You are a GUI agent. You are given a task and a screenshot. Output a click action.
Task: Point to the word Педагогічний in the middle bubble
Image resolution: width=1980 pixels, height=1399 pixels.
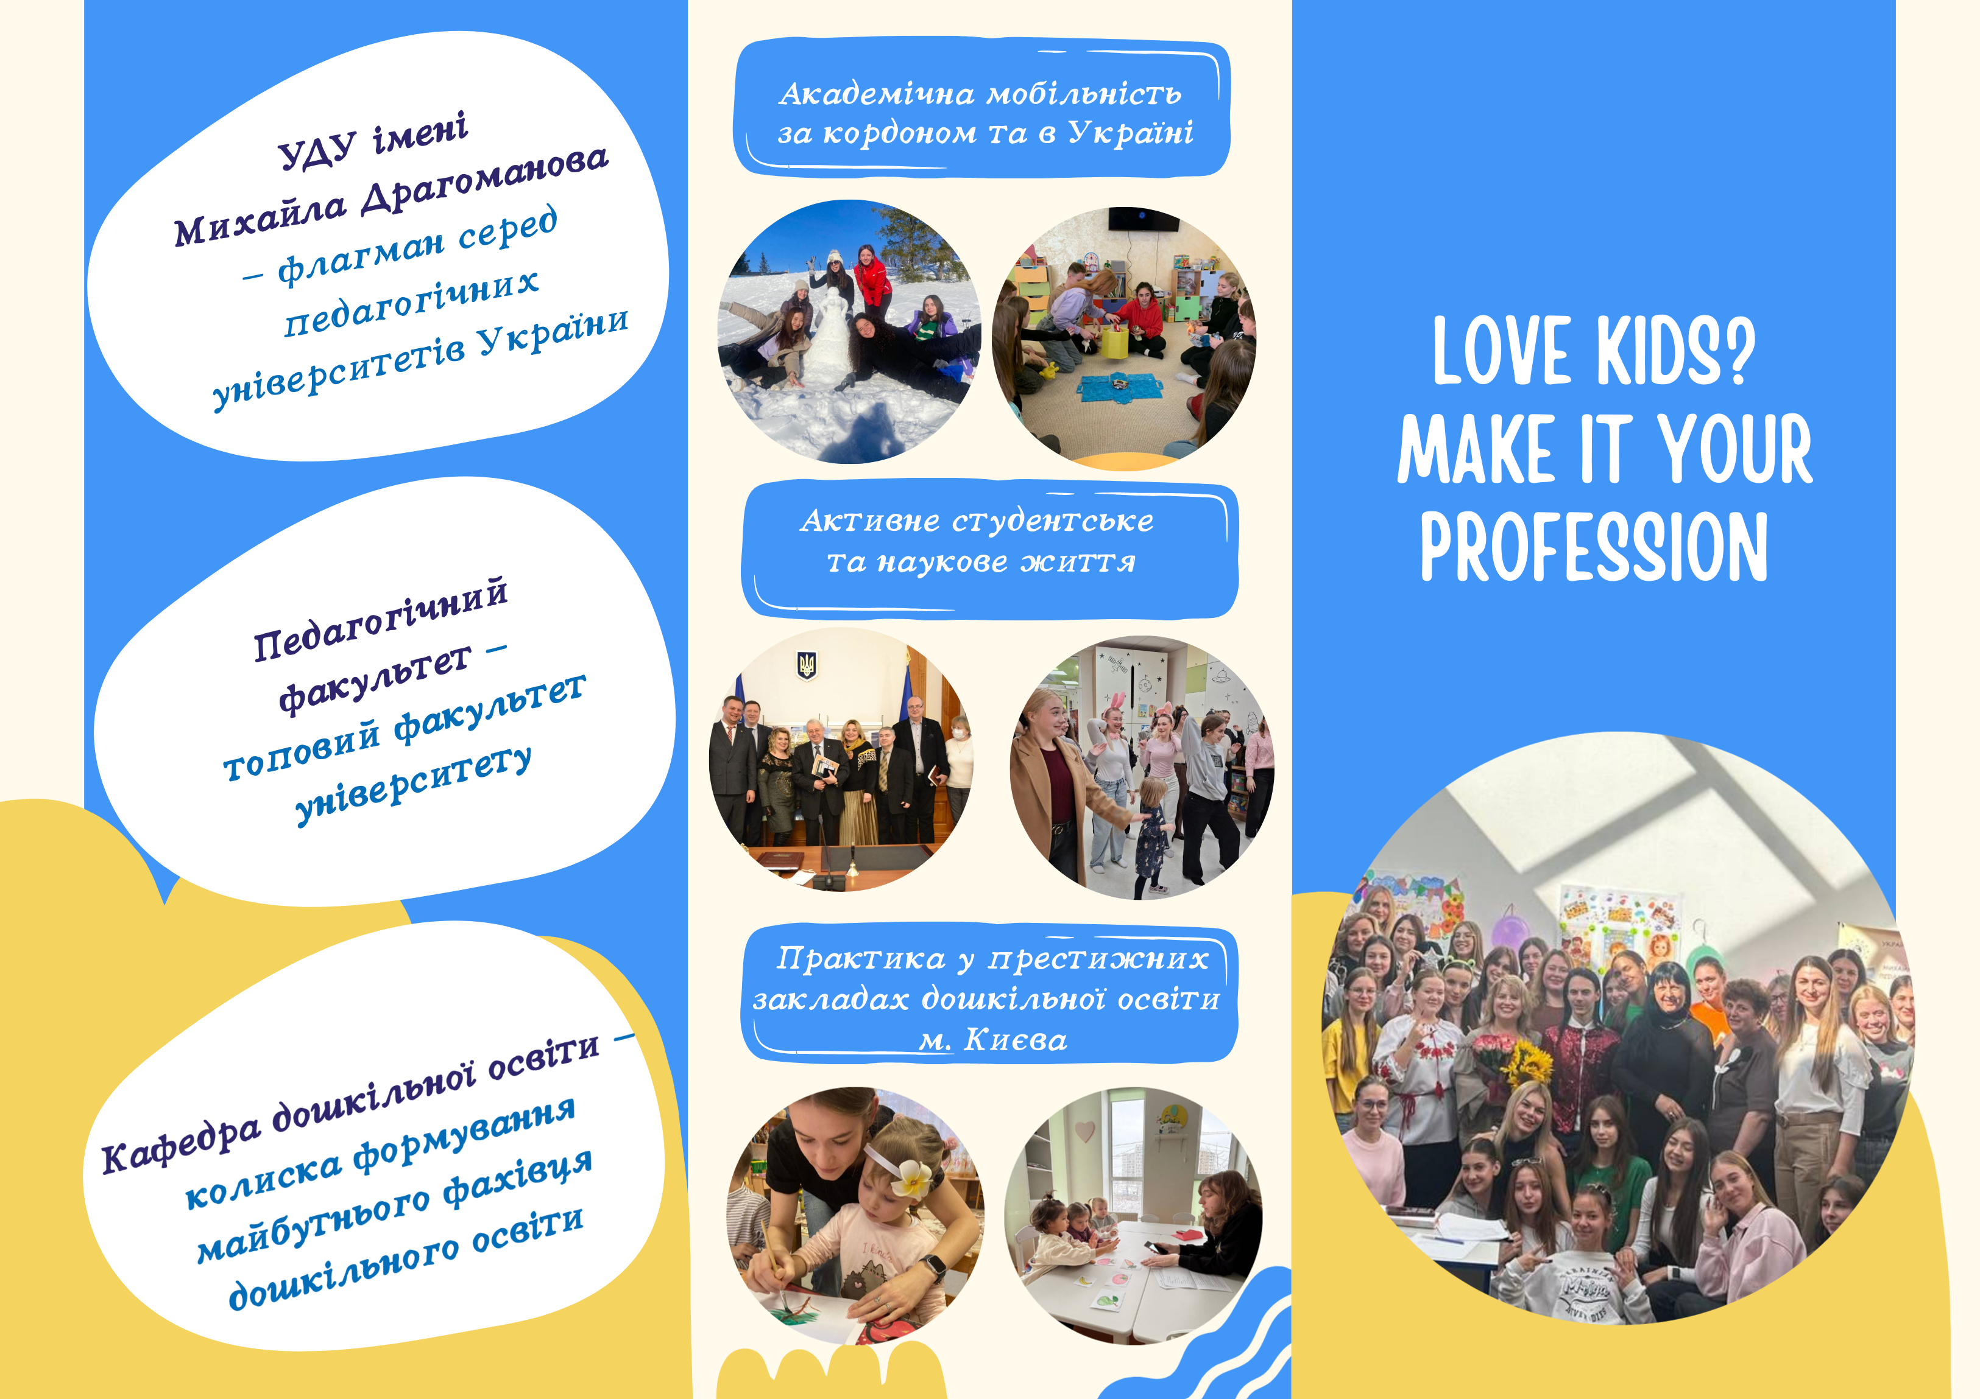click(x=380, y=619)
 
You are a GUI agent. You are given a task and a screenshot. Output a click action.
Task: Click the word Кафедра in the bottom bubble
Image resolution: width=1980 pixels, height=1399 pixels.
click(x=180, y=1143)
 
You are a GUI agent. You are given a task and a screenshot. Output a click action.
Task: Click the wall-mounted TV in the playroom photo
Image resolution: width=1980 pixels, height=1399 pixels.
click(x=1143, y=219)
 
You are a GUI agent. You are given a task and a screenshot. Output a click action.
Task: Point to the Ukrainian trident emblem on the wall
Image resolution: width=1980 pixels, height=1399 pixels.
click(x=806, y=665)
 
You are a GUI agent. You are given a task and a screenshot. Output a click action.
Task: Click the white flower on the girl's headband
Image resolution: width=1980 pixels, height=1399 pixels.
click(x=911, y=1177)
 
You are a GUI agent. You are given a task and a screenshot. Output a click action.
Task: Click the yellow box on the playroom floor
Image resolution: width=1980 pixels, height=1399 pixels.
click(x=1111, y=340)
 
